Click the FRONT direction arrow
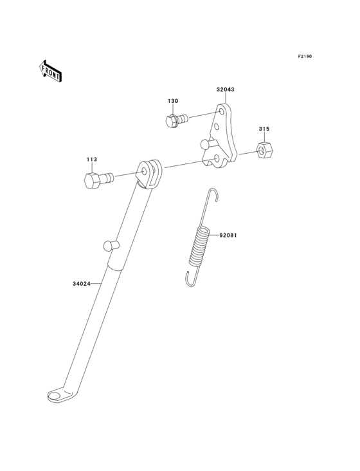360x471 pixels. pyautogui.click(x=50, y=71)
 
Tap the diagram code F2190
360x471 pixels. pyautogui.click(x=305, y=56)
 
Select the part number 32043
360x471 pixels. pyautogui.click(x=225, y=89)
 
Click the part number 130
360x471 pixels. pyautogui.click(x=173, y=101)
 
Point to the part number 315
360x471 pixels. pyautogui.click(x=264, y=129)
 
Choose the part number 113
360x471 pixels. pyautogui.click(x=92, y=160)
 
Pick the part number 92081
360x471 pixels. pyautogui.click(x=228, y=235)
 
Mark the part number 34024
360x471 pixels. pyautogui.click(x=82, y=284)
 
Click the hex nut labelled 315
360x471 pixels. pyautogui.click(x=265, y=149)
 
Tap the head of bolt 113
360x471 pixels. pyautogui.click(x=93, y=181)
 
